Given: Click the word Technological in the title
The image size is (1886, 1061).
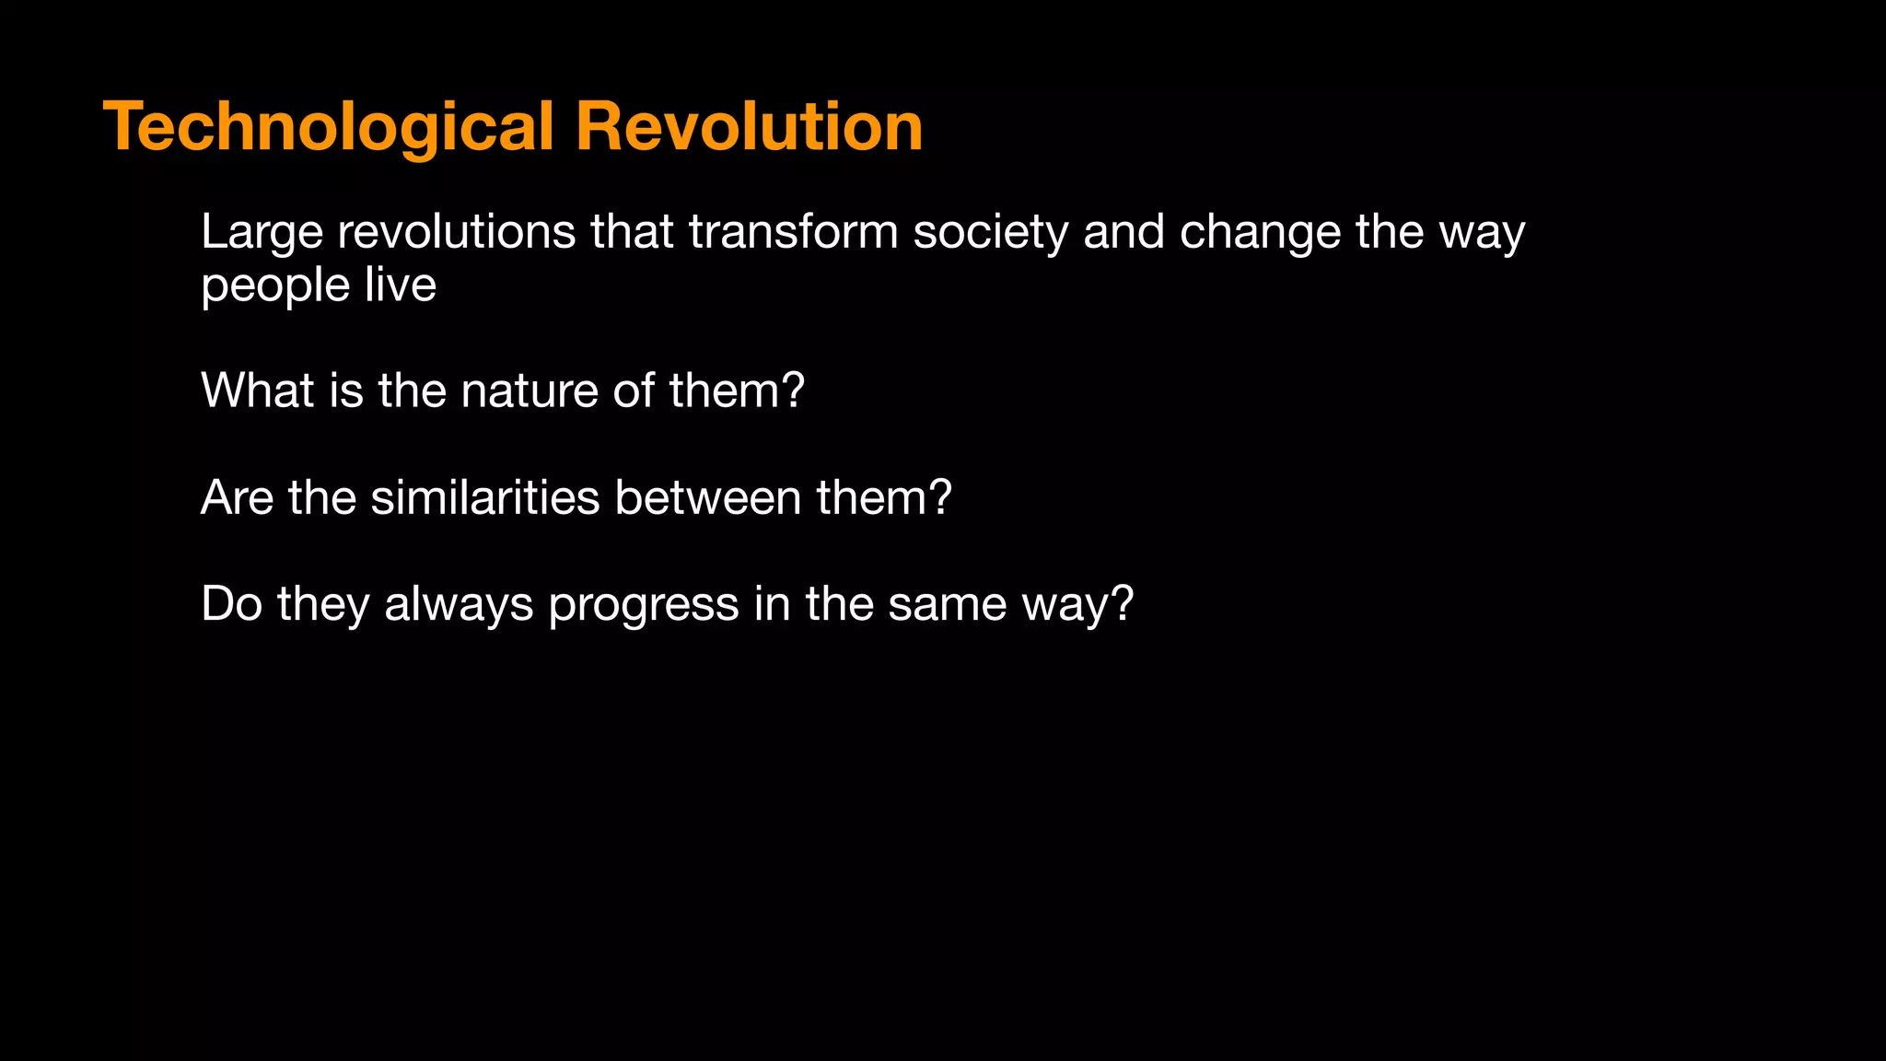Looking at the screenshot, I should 329,127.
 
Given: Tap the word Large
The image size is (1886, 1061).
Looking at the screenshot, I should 262,232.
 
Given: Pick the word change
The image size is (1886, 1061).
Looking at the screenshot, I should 1260,232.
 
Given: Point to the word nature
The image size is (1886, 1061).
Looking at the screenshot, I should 530,391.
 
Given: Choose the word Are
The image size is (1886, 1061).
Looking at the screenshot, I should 237,497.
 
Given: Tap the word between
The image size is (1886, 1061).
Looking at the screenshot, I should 707,497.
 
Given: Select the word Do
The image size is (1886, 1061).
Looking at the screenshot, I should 231,604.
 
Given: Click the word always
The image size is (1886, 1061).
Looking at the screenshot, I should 459,606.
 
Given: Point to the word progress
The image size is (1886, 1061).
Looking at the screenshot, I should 643,606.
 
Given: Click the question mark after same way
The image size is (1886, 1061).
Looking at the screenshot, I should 1122,604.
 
